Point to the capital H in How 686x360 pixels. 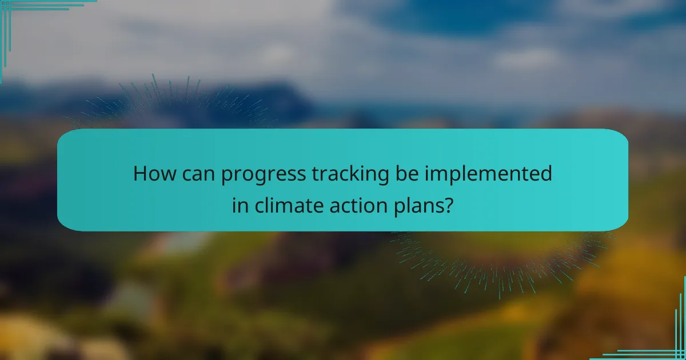139,174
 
